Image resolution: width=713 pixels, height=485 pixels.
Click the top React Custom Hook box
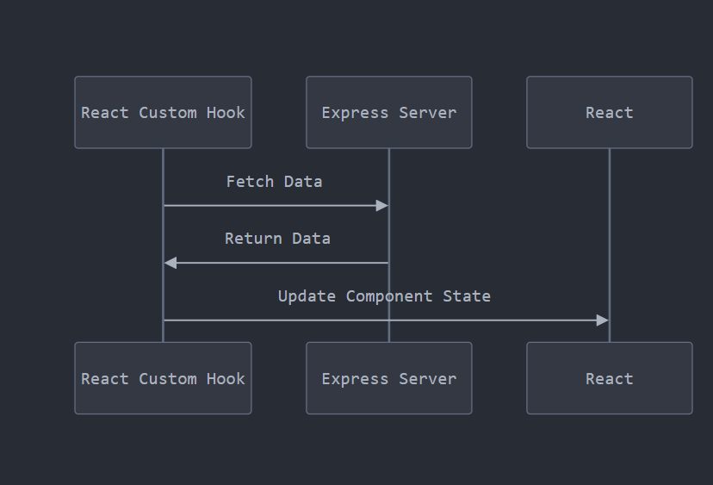(163, 112)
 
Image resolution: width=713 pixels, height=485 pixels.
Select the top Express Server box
(388, 112)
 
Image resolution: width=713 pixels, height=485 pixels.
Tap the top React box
(609, 112)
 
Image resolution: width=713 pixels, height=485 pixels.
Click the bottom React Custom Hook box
(163, 378)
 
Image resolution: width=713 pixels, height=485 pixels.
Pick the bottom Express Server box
(388, 378)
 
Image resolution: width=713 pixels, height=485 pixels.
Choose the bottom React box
(609, 378)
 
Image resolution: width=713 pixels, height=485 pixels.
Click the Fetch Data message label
(274, 182)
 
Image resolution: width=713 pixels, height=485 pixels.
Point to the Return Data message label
(277, 239)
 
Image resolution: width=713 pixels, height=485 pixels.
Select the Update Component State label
(384, 296)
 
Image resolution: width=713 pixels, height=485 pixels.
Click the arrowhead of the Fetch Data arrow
(382, 205)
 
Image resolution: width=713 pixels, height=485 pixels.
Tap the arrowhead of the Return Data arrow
(170, 263)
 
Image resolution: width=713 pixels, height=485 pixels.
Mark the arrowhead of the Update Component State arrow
(603, 320)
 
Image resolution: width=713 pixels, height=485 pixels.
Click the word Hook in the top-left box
(226, 113)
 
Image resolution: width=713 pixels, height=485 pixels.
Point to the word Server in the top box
(427, 113)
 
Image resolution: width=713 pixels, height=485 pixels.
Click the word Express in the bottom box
(355, 379)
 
